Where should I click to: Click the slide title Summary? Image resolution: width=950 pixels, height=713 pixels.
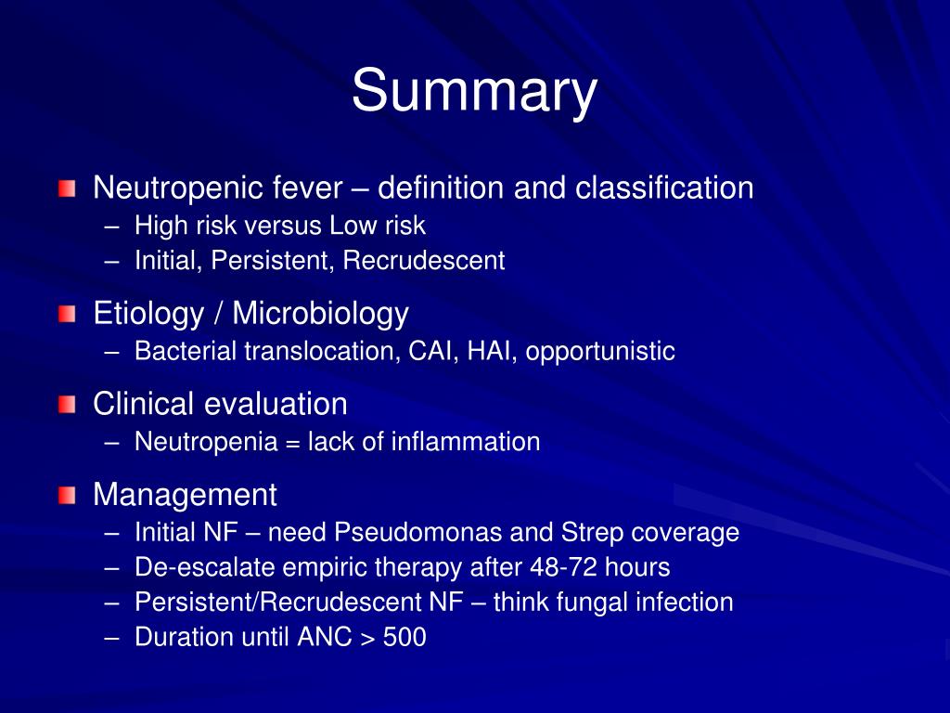point(474,91)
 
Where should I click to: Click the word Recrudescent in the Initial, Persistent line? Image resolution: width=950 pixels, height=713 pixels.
point(424,261)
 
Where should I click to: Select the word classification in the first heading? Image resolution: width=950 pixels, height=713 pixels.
point(664,188)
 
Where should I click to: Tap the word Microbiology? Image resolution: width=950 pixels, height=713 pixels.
point(320,314)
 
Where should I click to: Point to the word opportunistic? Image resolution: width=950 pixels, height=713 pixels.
point(601,352)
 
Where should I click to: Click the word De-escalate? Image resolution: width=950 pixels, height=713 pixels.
point(189,567)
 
